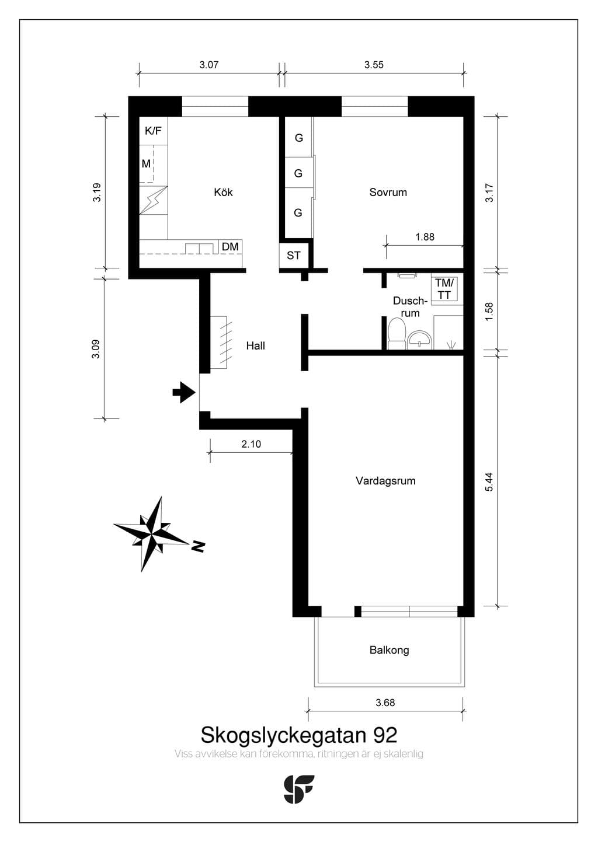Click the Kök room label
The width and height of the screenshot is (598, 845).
[x=223, y=193]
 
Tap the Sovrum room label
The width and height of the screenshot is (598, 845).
[x=388, y=193]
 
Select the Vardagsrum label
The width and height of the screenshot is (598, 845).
[x=385, y=481]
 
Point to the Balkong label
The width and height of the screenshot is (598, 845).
[x=390, y=650]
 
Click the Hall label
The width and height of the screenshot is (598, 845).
[x=256, y=345]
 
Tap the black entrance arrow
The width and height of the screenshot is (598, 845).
[x=184, y=392]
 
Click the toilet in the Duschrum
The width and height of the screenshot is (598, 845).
[x=397, y=334]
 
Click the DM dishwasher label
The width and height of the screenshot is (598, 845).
[x=230, y=247]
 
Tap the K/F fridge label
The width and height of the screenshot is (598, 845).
[x=153, y=131]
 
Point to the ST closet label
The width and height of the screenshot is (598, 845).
[x=293, y=256]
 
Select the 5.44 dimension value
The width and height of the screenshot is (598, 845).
[x=489, y=481]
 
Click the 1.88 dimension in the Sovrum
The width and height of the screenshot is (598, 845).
[x=425, y=237]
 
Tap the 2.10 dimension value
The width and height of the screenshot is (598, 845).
[x=251, y=444]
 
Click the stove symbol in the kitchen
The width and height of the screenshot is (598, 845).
[x=154, y=200]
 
